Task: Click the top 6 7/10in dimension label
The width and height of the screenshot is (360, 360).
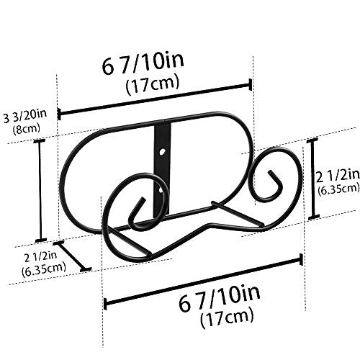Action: tap(143, 63)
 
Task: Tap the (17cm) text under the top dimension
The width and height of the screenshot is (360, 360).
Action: tap(153, 84)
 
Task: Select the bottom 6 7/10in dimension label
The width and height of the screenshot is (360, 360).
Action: tap(220, 297)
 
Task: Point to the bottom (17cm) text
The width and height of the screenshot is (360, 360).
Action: tap(228, 318)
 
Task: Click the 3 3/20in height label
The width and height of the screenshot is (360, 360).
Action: tap(25, 116)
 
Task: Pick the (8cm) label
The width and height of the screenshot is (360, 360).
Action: tap(27, 129)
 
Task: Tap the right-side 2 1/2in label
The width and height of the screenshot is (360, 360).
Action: tap(338, 176)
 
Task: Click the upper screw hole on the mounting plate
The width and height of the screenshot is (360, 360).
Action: tap(163, 152)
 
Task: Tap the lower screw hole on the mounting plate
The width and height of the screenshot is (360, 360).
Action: tap(160, 191)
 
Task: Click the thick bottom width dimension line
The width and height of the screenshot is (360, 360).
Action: tap(203, 282)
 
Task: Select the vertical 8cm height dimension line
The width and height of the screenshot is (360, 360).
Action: tap(40, 190)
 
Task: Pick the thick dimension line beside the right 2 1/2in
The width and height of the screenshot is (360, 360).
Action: tap(313, 179)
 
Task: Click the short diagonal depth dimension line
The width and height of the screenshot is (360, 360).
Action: tap(72, 256)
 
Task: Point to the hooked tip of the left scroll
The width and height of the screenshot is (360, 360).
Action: tap(143, 199)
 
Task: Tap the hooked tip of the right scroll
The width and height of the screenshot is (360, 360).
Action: tap(270, 172)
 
